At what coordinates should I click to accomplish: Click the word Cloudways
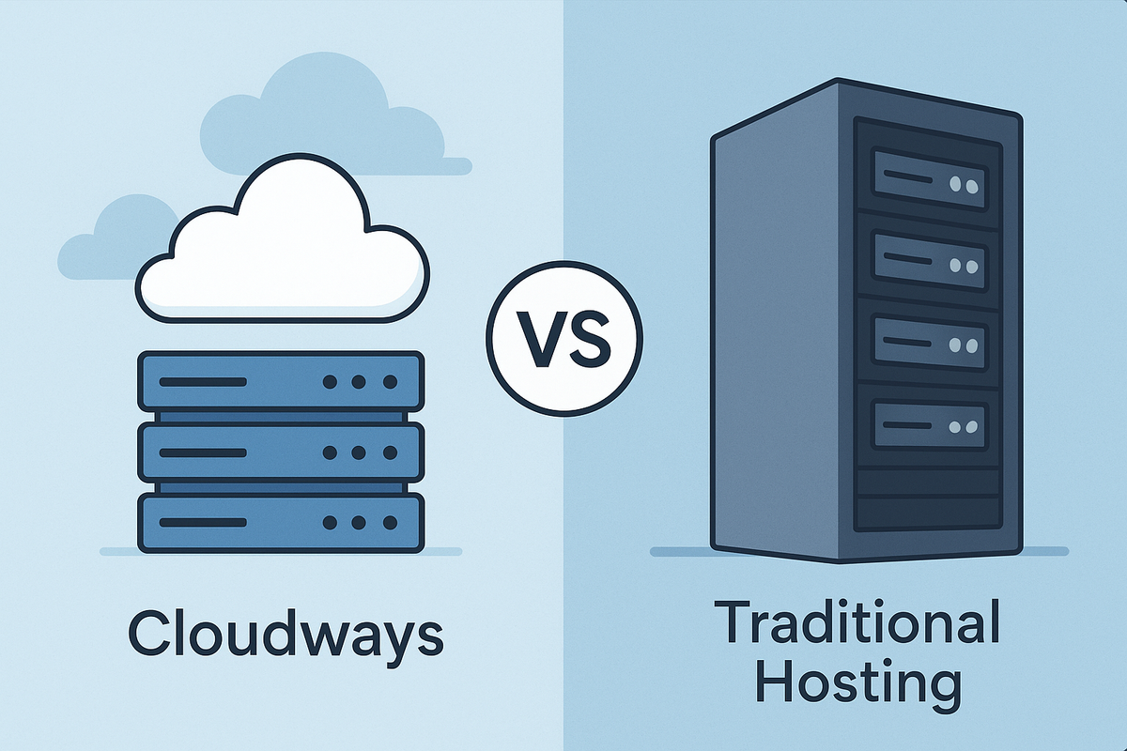(286, 634)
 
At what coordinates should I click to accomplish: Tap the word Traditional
(857, 623)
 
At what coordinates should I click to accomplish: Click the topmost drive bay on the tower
(928, 179)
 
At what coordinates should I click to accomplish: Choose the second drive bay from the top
(928, 260)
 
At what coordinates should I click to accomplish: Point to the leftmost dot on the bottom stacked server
(330, 522)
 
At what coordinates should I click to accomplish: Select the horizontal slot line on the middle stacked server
(202, 452)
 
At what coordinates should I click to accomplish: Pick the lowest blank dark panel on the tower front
(928, 513)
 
